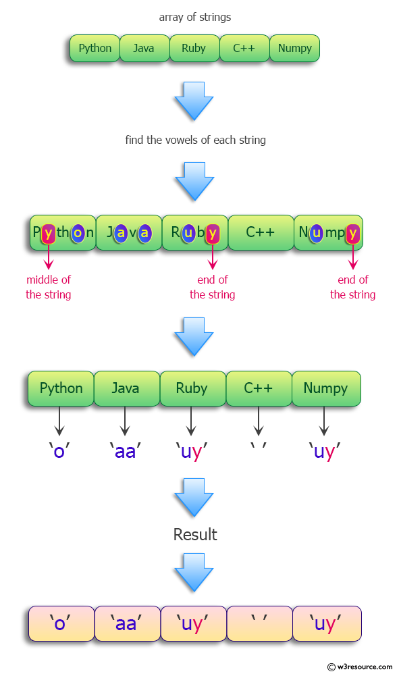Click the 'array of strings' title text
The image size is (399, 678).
(195, 17)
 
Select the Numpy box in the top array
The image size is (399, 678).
(294, 49)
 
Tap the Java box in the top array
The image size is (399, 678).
(143, 49)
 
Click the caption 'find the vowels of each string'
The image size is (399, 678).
(195, 140)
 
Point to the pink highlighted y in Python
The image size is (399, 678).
(48, 233)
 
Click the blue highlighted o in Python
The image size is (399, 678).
(78, 233)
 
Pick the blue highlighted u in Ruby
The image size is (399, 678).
(189, 233)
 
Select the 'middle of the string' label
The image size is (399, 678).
(48, 287)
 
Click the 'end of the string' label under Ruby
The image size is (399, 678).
(213, 287)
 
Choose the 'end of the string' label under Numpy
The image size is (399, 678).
(352, 287)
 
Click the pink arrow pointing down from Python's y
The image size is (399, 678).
(48, 258)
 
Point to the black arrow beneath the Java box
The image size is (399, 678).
(125, 421)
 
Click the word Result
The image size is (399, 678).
(195, 535)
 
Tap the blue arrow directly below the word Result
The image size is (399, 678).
(194, 571)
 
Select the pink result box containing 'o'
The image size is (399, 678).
(61, 623)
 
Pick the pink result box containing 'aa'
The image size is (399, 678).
(126, 623)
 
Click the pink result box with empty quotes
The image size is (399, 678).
(259, 623)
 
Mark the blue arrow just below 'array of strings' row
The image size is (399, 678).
(194, 100)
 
